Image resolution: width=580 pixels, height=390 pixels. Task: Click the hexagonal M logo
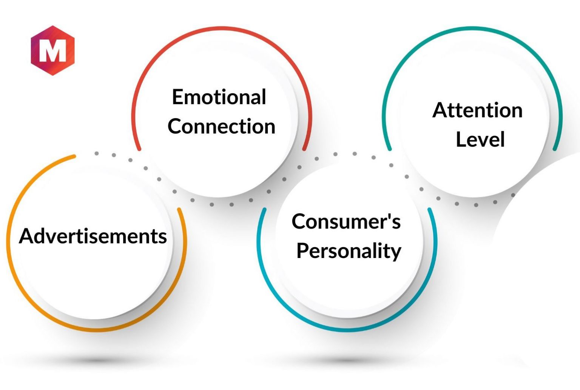click(52, 50)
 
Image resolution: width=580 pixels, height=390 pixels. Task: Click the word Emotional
click(219, 97)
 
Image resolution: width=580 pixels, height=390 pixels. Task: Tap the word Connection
click(221, 126)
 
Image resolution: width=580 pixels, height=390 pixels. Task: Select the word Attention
click(477, 110)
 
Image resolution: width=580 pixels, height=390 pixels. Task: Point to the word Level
click(480, 139)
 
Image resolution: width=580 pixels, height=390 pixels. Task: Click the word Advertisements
click(93, 236)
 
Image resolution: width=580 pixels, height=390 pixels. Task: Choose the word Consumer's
click(346, 221)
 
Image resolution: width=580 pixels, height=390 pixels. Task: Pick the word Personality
click(349, 250)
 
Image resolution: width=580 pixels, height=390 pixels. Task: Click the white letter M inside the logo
click(52, 51)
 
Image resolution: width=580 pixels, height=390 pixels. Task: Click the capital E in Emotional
click(178, 97)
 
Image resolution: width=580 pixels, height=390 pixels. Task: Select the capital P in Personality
click(303, 250)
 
